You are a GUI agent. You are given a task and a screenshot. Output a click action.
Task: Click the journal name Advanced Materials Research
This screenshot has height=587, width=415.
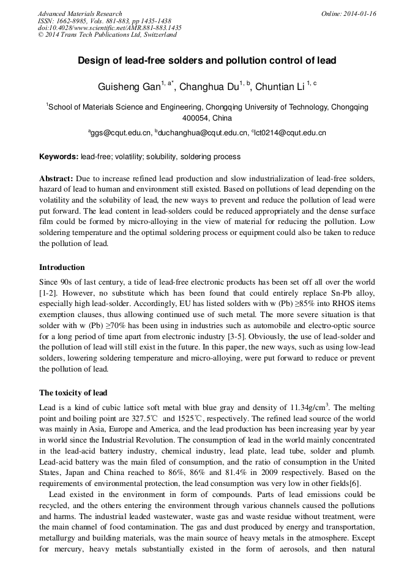(x=80, y=13)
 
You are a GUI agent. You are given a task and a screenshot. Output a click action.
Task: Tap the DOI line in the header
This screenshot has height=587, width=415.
(x=110, y=28)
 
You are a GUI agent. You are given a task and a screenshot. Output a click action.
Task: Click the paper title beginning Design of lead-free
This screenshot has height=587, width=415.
(x=207, y=61)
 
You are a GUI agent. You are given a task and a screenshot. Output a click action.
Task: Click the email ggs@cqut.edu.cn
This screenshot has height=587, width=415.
(x=121, y=132)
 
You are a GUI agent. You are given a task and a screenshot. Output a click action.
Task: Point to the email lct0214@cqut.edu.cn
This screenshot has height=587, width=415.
(x=289, y=132)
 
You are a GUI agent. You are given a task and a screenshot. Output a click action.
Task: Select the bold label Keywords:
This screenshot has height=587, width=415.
(x=59, y=157)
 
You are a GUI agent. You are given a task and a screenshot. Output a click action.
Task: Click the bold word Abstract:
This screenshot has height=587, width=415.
(x=56, y=178)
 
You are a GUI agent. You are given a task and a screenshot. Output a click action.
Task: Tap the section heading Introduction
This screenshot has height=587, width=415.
(x=62, y=267)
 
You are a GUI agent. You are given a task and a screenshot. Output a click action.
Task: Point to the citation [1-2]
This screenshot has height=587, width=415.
(x=48, y=293)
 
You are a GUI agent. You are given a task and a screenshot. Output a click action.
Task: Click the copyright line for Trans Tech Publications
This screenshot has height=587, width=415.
(x=107, y=35)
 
